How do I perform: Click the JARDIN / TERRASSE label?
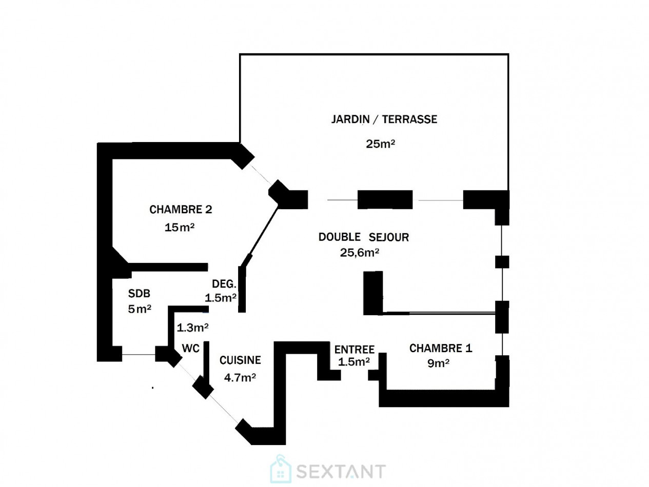click(384, 119)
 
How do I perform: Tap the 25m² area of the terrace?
click(380, 144)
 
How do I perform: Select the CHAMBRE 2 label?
click(181, 209)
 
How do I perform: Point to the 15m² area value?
click(179, 227)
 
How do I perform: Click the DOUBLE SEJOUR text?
click(363, 237)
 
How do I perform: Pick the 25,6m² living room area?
click(359, 253)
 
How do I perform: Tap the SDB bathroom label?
click(139, 293)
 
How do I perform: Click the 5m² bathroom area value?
click(140, 309)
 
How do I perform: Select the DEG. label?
click(224, 284)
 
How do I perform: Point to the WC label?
click(191, 348)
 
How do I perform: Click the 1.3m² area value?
click(192, 328)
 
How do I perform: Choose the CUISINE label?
click(240, 360)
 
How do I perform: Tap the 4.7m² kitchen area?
click(240, 377)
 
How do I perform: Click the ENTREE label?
click(354, 350)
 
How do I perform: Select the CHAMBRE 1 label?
click(441, 348)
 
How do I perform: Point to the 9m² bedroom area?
click(438, 363)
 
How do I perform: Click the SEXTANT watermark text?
click(341, 471)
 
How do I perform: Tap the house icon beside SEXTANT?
click(281, 469)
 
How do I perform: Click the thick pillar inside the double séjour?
click(373, 293)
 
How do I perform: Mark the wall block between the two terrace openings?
click(385, 199)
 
